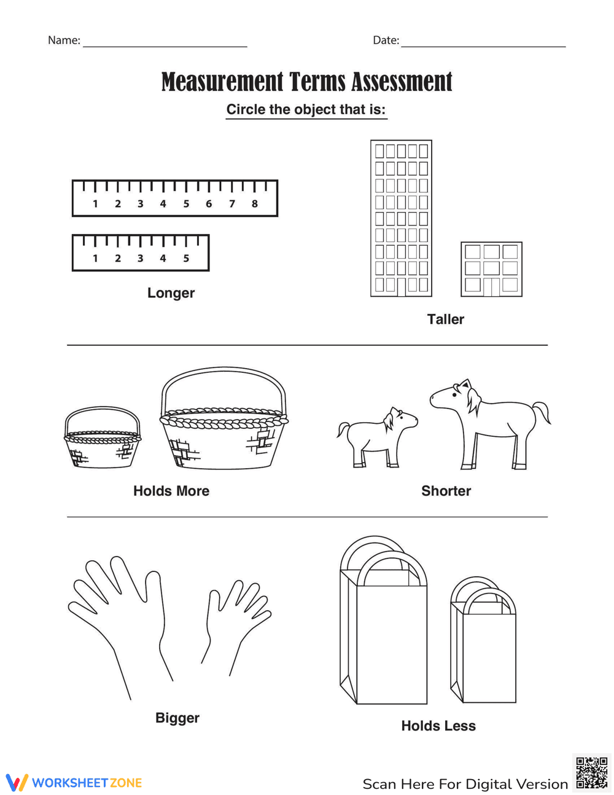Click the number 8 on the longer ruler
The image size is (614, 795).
tap(254, 204)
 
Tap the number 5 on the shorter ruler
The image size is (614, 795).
tap(186, 259)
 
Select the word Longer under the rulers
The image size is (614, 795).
tap(171, 293)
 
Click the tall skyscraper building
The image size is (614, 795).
tap(401, 218)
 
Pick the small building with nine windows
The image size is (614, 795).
tap(491, 269)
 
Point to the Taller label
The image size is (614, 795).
tap(445, 319)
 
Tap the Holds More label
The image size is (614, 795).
tap(171, 491)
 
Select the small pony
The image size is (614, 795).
tap(375, 436)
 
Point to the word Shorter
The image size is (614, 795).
tap(446, 491)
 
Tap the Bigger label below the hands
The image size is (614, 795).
tap(177, 718)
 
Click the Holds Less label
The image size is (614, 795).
tap(438, 726)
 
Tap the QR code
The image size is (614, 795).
tap(591, 773)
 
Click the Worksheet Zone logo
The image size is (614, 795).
tap(74, 783)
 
